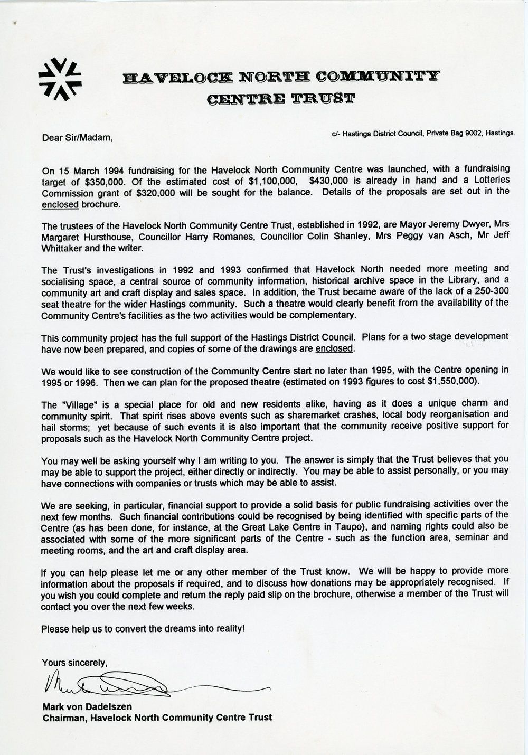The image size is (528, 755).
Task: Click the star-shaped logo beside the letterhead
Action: [60, 78]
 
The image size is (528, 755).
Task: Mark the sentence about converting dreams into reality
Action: [143, 629]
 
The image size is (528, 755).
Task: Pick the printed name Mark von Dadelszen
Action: [83, 706]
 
